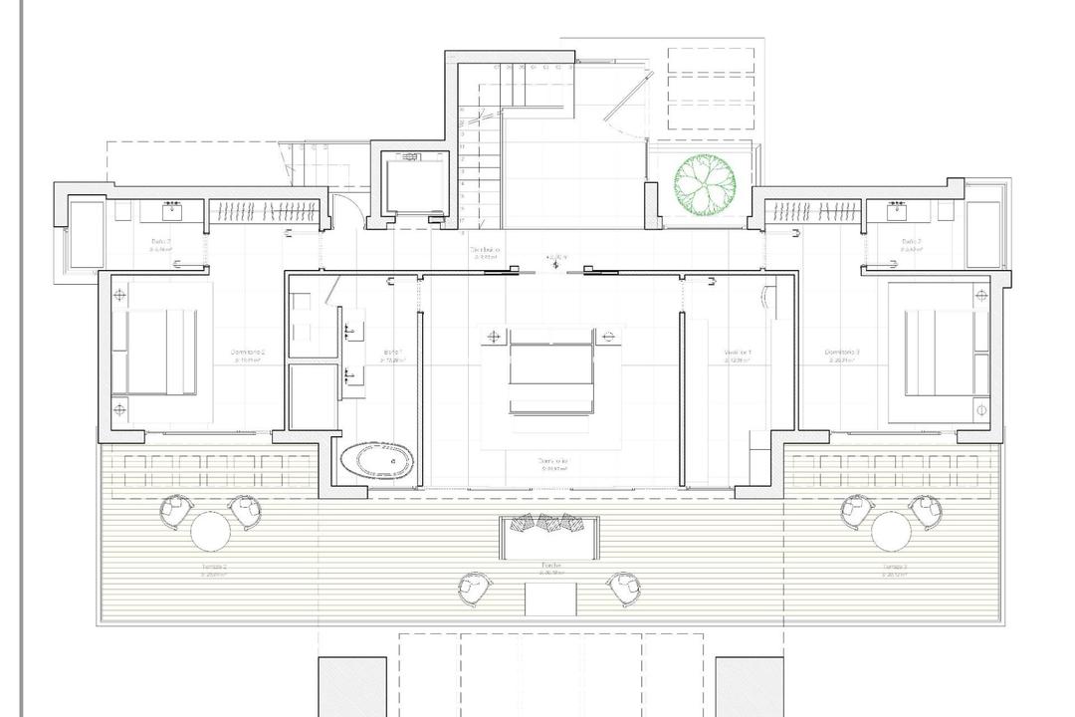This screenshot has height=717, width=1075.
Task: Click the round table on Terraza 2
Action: pyautogui.click(x=210, y=531)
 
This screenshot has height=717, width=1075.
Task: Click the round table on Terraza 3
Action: pyautogui.click(x=891, y=531)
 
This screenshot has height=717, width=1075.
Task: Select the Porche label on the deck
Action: pyautogui.click(x=551, y=566)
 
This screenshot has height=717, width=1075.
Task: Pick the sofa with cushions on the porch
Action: pyautogui.click(x=549, y=536)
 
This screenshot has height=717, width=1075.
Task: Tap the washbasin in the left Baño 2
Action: pyautogui.click(x=173, y=209)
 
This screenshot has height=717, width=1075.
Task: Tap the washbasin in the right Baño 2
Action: pyautogui.click(x=898, y=209)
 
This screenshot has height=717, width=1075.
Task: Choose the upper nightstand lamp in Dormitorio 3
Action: pyautogui.click(x=981, y=296)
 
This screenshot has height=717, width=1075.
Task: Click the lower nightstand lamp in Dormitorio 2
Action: pyautogui.click(x=120, y=408)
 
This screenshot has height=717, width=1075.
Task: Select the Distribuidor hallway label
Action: pyautogui.click(x=486, y=251)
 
